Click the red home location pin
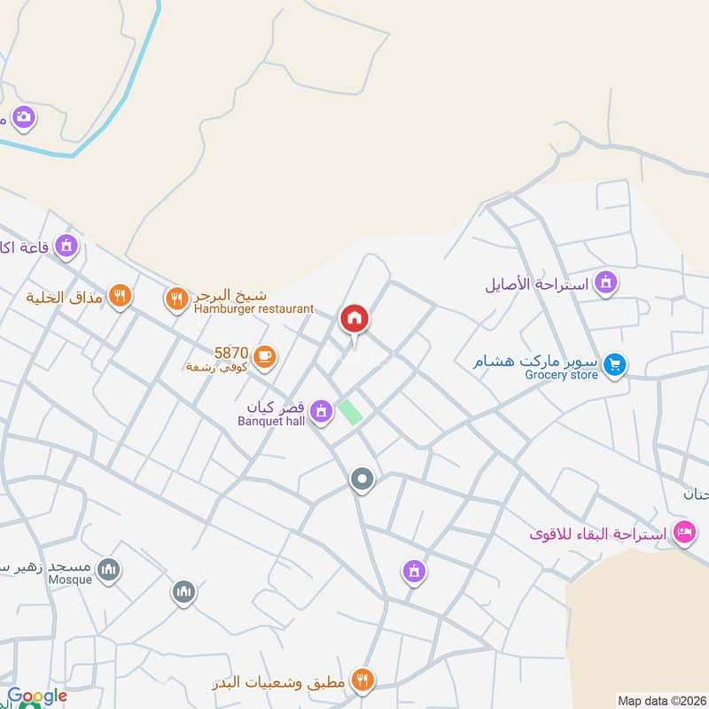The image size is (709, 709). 354,319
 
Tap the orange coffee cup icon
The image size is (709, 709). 264,356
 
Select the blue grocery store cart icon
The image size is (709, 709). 614,363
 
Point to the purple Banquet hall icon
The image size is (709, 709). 321,409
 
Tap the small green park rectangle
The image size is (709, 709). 351,412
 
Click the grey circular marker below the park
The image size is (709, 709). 362,480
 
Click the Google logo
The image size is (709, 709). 37,696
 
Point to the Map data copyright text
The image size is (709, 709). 659,698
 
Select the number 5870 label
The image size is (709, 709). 230,352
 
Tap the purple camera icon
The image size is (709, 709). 23,116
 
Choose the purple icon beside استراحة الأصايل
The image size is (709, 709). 606,283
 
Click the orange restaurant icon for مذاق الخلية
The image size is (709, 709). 120,295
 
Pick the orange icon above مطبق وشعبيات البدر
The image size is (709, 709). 362,679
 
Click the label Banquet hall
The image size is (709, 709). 271,421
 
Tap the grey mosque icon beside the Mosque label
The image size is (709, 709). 108,568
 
